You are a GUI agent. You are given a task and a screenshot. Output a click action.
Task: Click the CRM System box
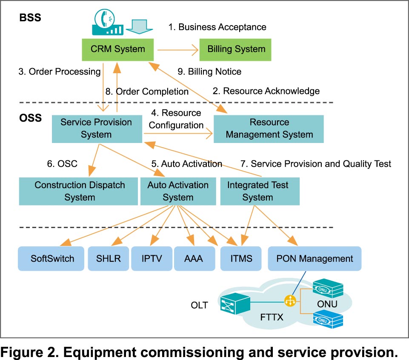coord(118,49)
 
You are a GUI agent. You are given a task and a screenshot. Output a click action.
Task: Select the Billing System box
coord(236,49)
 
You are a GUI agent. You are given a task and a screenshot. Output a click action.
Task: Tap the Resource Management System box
coord(269,129)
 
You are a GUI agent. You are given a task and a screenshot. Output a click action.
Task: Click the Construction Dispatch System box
coord(80,191)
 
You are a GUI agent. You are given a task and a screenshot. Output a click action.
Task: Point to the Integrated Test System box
coord(257,191)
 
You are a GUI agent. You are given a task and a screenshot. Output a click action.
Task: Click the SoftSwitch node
coord(52,258)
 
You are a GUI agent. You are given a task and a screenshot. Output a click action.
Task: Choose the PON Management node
coord(315,258)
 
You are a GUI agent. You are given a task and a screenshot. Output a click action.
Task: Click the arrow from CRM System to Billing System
coord(178,50)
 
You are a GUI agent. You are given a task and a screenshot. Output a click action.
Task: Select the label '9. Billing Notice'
coord(209,71)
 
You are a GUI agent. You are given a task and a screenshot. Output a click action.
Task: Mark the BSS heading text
coord(29,18)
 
